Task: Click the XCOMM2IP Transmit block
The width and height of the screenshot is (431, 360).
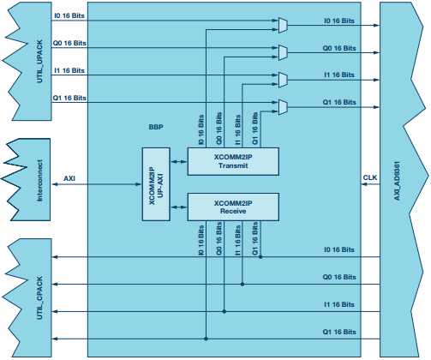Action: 233,161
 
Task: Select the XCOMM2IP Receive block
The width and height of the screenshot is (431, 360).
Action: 233,207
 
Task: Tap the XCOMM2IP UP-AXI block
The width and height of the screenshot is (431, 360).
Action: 156,184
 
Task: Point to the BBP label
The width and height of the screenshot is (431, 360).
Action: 156,127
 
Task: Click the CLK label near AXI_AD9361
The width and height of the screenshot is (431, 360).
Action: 370,177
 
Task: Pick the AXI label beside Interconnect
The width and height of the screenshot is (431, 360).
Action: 69,178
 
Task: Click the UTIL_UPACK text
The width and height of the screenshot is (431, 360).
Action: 39,62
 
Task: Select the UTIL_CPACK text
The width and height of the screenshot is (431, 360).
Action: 39,297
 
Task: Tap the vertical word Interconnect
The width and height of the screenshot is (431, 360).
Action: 40,181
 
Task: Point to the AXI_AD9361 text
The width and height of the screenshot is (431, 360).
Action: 397,181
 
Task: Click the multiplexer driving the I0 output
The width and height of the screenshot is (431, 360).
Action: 283,25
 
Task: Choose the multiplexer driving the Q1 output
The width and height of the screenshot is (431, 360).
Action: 283,107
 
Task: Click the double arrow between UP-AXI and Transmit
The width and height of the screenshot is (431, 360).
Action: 179,162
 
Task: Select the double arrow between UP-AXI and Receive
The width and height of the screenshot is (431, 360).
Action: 179,207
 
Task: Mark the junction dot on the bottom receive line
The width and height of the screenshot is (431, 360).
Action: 206,339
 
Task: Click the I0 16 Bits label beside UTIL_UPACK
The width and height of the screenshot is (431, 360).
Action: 69,15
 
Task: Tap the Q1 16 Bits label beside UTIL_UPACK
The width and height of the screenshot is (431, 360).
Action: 69,98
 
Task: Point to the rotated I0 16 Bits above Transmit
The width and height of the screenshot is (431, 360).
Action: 201,129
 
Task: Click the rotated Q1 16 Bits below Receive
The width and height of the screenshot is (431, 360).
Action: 254,238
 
